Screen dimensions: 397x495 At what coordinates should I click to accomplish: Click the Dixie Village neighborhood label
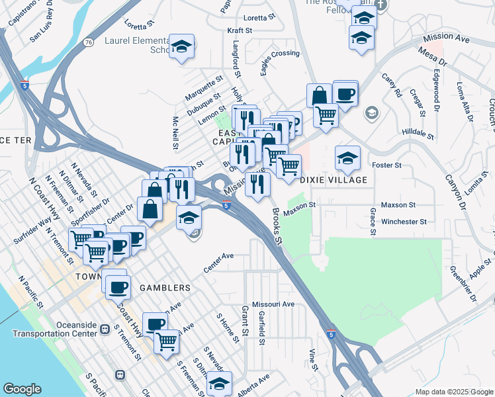334,180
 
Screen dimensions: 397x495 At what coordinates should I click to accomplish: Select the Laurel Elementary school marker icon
181,48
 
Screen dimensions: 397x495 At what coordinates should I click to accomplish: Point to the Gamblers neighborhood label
165,288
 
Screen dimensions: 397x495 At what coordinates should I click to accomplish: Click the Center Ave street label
219,255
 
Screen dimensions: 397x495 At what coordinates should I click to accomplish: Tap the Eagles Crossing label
280,54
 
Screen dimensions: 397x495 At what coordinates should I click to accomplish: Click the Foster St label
388,165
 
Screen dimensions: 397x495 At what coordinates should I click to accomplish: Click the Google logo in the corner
22,389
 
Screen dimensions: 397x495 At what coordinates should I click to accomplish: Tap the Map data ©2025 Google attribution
454,392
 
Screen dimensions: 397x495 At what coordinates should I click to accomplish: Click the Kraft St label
240,30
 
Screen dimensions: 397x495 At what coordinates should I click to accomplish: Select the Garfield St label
262,328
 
